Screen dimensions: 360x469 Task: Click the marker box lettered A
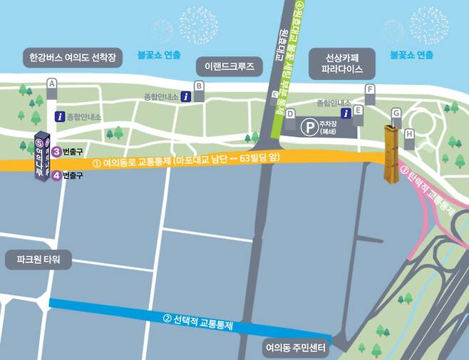51,85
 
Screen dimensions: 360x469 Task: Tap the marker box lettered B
200,86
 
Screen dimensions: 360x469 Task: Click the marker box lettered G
396,113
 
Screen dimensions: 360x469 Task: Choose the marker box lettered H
409,133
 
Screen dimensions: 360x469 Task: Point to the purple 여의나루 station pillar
43,157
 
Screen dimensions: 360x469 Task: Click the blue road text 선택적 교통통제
204,322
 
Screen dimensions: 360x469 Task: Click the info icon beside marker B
185,96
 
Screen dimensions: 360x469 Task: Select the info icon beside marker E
345,113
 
